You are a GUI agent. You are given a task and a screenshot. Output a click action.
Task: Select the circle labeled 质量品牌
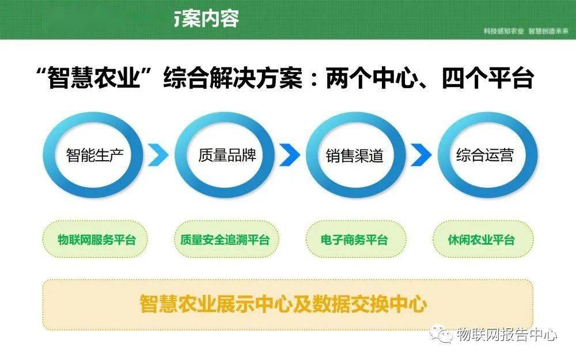226,155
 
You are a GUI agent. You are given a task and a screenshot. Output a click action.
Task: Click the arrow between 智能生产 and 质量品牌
159,155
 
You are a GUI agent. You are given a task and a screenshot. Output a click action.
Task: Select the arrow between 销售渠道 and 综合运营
422,155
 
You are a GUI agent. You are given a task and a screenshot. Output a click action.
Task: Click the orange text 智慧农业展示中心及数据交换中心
283,304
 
